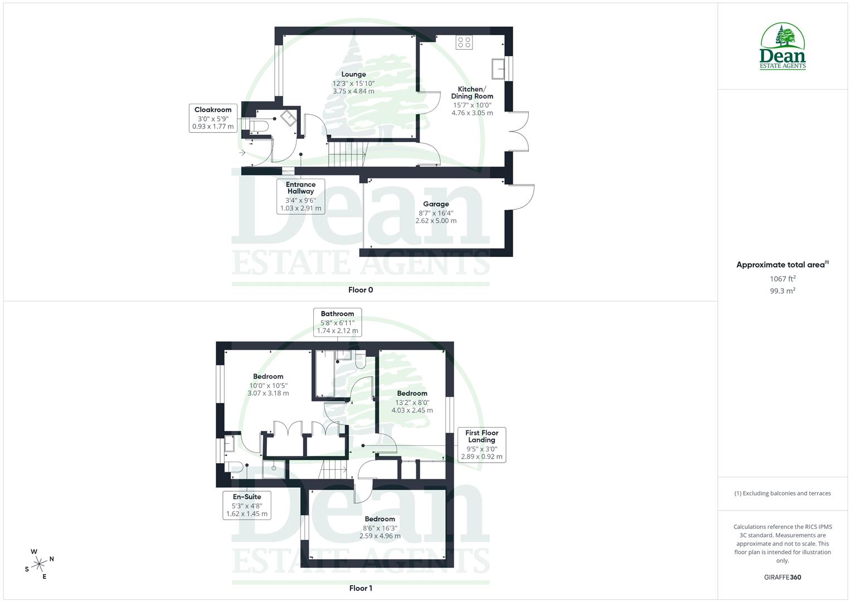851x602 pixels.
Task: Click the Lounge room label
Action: click(353, 82)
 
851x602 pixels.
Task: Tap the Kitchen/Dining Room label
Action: click(471, 100)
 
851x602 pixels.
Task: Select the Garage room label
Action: click(435, 212)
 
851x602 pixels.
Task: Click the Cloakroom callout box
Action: click(213, 118)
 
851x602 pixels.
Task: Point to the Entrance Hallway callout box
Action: click(300, 196)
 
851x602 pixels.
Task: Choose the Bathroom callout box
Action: click(337, 322)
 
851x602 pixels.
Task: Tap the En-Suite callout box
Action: click(247, 505)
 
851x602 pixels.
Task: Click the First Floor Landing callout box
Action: click(482, 444)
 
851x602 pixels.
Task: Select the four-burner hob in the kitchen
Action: click(464, 42)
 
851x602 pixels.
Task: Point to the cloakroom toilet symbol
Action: click(259, 127)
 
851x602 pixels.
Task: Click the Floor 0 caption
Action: click(361, 290)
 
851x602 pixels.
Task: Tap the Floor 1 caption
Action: click(361, 588)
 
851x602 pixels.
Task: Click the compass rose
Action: click(39, 564)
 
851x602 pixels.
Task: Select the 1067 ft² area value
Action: click(782, 279)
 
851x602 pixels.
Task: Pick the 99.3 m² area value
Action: click(782, 290)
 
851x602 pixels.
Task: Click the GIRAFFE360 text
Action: click(782, 577)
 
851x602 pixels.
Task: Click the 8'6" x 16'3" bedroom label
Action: click(380, 527)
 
